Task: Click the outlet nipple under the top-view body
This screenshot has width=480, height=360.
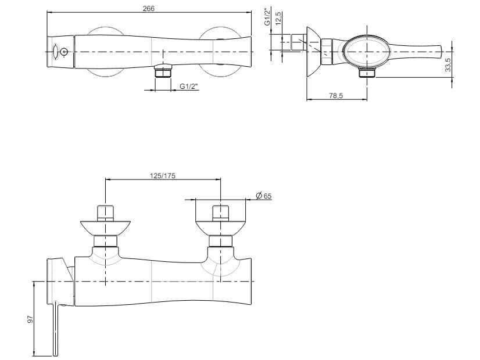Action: click(x=164, y=73)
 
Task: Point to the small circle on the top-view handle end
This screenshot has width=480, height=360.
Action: click(x=64, y=52)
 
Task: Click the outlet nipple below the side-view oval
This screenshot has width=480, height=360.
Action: click(x=367, y=73)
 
